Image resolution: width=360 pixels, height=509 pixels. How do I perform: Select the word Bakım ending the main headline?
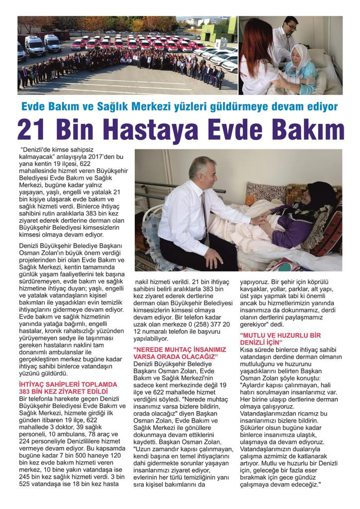(x=308, y=130)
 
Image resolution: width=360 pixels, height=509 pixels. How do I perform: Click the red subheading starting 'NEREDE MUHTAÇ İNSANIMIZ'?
(x=180, y=349)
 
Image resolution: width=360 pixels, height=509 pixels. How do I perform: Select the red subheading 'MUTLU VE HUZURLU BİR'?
(x=281, y=336)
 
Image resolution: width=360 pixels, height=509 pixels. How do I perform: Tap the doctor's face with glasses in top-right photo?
(x=290, y=27)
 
